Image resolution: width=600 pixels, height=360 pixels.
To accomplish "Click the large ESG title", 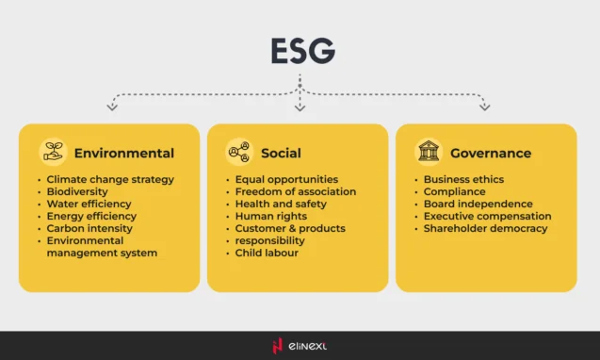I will click(x=300, y=51).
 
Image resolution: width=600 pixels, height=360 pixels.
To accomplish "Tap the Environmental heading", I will click(x=123, y=154).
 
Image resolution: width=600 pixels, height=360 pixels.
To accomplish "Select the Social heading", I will click(x=281, y=154).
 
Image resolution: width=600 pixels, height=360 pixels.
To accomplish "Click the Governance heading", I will click(x=490, y=154).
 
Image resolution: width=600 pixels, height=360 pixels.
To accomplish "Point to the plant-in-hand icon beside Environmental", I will click(x=53, y=153).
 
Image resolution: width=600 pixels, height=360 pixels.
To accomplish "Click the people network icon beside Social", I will click(x=239, y=153).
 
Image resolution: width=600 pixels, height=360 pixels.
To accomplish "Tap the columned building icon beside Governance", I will click(x=429, y=153).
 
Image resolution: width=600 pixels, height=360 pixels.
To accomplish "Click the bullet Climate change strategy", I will click(x=110, y=179).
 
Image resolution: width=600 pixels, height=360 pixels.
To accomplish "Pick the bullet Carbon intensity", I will click(x=90, y=228).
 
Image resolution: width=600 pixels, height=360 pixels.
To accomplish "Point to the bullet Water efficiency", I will click(x=89, y=204).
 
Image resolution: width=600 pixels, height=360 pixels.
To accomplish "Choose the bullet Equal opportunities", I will click(x=286, y=179).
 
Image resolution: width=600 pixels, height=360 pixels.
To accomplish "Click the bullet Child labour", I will click(x=266, y=253).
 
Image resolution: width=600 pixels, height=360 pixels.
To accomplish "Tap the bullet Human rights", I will click(x=271, y=216).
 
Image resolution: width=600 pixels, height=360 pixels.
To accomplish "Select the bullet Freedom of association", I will click(x=296, y=191).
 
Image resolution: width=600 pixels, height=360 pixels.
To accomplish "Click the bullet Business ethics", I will click(x=463, y=179).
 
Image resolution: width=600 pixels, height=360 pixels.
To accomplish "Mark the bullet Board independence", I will click(x=478, y=204).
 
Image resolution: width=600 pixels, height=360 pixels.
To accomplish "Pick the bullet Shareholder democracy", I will click(x=485, y=228).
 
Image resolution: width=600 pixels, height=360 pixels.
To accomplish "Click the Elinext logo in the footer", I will click(x=300, y=346).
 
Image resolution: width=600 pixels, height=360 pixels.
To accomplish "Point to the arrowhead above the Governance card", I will click(x=485, y=107).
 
